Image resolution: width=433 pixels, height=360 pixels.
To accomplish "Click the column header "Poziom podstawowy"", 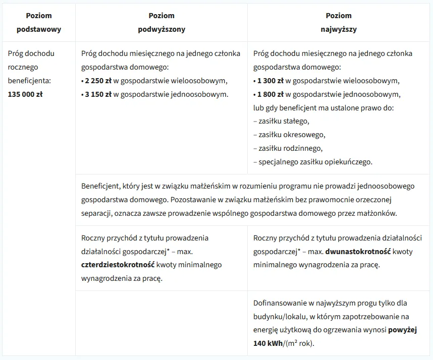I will point(38,22).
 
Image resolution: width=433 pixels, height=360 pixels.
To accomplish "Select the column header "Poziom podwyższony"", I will point(161,22).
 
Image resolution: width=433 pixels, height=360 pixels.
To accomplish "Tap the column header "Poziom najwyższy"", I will point(339,22).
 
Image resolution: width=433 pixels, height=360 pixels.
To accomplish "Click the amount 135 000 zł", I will point(25,94).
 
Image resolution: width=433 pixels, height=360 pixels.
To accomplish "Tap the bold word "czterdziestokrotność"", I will point(118,265).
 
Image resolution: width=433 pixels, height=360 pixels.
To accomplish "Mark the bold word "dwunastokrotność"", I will point(358,251).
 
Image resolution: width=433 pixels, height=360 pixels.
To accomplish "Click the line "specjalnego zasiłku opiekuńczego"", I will point(315,162).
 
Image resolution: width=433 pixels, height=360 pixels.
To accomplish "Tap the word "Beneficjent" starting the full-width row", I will point(100,186).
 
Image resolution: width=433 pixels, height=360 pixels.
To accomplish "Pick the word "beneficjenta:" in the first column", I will point(29,80).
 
